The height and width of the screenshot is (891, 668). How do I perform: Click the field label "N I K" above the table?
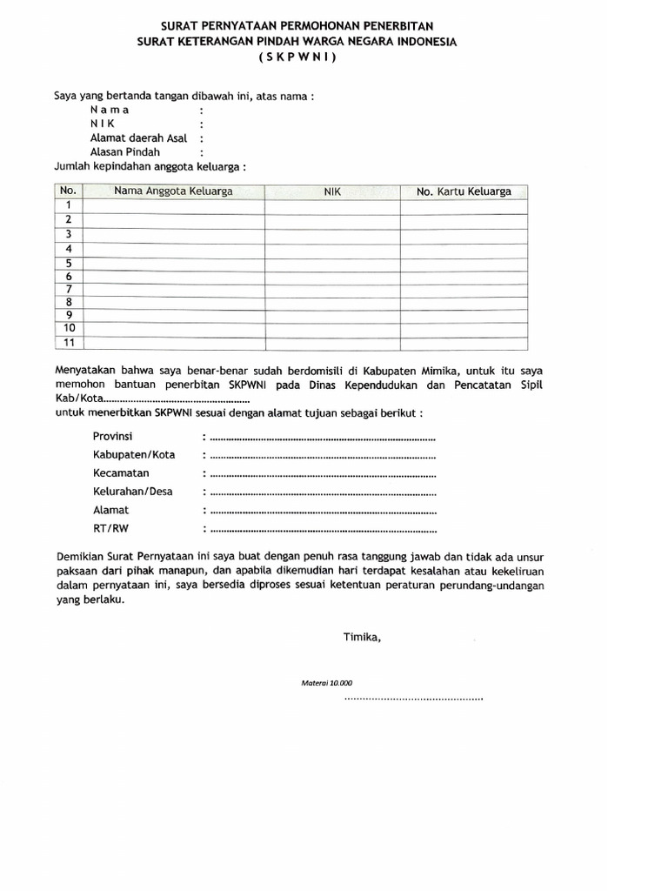pos(102,124)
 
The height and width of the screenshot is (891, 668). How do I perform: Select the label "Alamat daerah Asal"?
pos(138,137)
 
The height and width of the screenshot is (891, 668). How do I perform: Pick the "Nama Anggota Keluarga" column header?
pos(173,191)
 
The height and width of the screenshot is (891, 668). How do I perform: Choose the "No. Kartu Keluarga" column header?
pos(464,191)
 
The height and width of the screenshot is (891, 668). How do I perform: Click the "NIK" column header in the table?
pos(332,191)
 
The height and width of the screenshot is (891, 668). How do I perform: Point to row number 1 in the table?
pos(68,205)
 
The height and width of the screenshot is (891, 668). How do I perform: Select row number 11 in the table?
pos(68,341)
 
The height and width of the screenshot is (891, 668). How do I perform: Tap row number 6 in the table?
pos(68,276)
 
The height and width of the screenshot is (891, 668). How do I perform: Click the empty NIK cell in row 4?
pos(332,248)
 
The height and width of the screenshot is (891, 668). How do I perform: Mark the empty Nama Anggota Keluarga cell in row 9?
pos(174,315)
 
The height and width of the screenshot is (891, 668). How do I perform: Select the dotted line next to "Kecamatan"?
pos(322,474)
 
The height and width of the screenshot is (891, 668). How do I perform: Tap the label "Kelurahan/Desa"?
pos(132,491)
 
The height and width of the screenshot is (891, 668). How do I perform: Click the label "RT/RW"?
pos(110,527)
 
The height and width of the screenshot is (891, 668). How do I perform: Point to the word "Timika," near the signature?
pos(362,637)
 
